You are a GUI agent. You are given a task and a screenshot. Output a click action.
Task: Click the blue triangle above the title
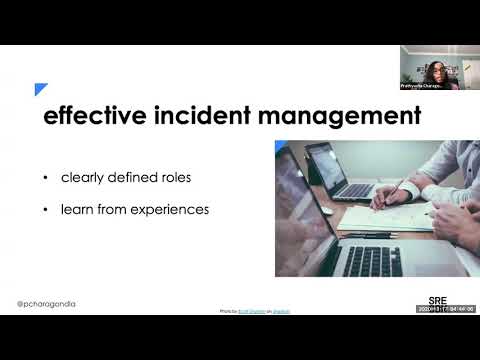point(41,89)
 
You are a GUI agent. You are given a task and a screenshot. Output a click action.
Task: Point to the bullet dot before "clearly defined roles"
point(45,178)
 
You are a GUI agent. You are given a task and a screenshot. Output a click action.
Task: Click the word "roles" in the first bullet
point(170,178)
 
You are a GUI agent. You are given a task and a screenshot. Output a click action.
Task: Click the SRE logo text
point(437,299)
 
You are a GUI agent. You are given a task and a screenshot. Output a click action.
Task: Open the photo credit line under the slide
point(255,311)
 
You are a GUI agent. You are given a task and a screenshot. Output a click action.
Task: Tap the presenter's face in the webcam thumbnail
point(438,69)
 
